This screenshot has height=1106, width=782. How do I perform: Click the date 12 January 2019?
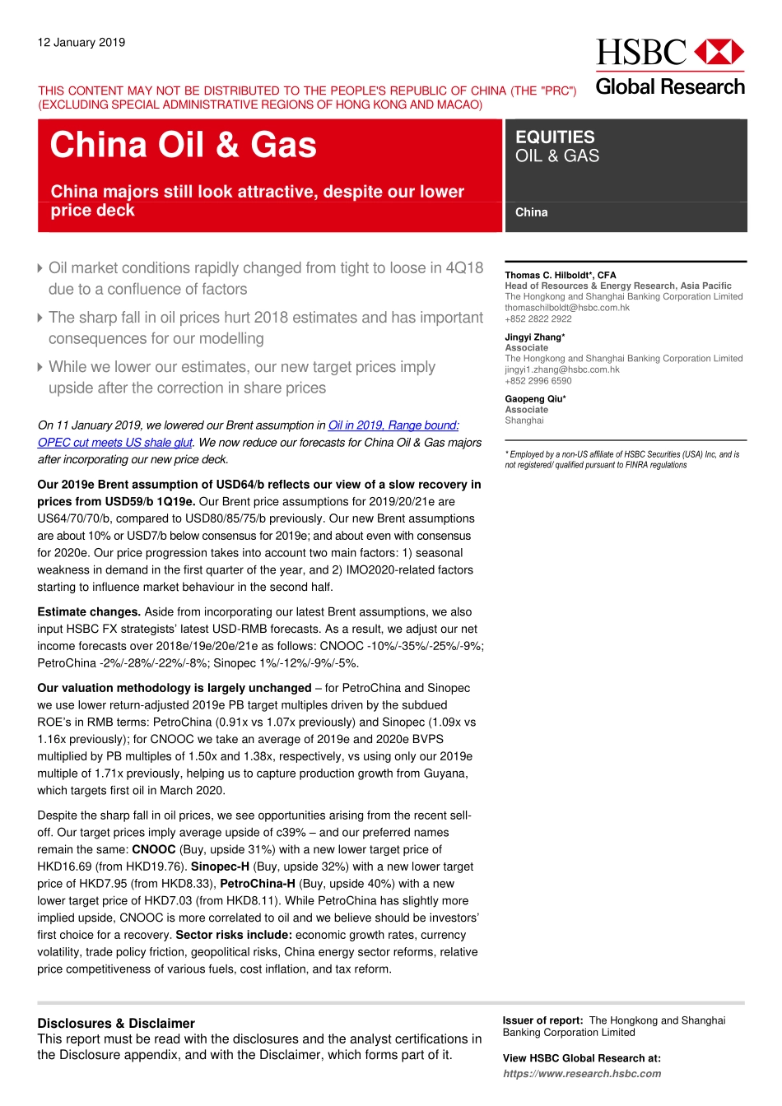[x=81, y=43]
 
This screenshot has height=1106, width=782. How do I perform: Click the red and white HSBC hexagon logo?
[x=719, y=52]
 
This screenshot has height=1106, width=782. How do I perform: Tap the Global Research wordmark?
[x=670, y=86]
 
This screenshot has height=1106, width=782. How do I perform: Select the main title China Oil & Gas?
[x=183, y=145]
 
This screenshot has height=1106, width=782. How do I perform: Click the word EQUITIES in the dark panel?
[x=555, y=137]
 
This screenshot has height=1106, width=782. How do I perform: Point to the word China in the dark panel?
[x=531, y=212]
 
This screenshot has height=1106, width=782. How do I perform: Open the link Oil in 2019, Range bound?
[x=393, y=425]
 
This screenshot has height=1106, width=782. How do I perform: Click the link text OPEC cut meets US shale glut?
[x=114, y=443]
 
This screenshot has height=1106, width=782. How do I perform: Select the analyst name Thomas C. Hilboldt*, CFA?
[x=560, y=275]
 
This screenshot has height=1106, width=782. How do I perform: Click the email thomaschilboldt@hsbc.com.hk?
[x=567, y=308]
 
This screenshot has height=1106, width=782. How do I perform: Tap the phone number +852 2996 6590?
[x=538, y=381]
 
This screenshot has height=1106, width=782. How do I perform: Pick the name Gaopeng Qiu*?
[x=535, y=399]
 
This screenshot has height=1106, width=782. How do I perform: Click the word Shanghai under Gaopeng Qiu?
[x=524, y=421]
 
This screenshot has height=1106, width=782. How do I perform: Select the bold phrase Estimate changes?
[x=89, y=612]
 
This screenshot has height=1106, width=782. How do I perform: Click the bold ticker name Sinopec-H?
[x=220, y=867]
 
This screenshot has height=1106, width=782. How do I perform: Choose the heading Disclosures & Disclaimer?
[x=116, y=1024]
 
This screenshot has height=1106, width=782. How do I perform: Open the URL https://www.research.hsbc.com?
[x=582, y=1074]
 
